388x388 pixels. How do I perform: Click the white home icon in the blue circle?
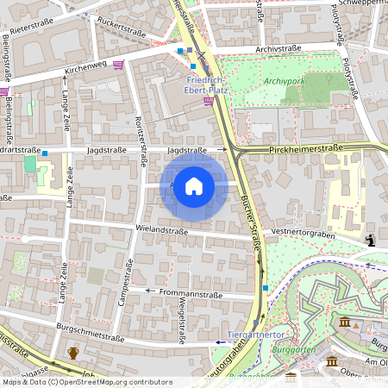(x=194, y=185)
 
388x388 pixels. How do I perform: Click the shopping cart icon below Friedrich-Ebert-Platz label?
(x=208, y=101)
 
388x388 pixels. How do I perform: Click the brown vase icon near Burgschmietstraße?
(x=74, y=353)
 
